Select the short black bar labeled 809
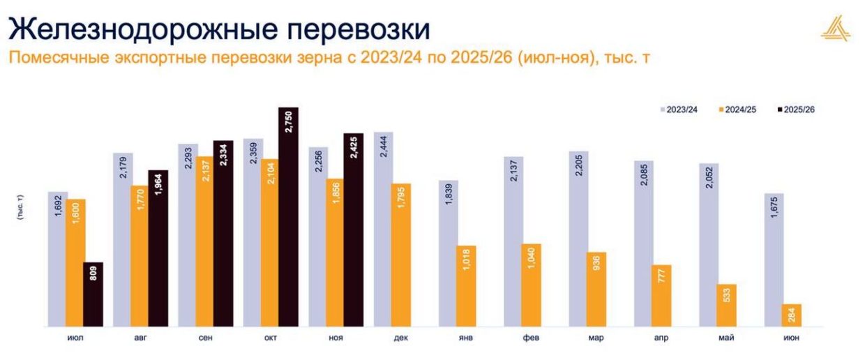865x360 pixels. point(93,294)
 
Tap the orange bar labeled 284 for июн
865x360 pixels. point(792,315)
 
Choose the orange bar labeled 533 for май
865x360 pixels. point(726,305)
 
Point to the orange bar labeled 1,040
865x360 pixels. point(532,285)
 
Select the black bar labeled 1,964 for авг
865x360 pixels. point(158,248)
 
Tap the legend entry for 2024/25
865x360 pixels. point(737,110)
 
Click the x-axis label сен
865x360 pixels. point(205,338)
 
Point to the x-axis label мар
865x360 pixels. point(596,338)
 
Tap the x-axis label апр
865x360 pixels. point(661,338)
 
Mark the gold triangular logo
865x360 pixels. point(835,29)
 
